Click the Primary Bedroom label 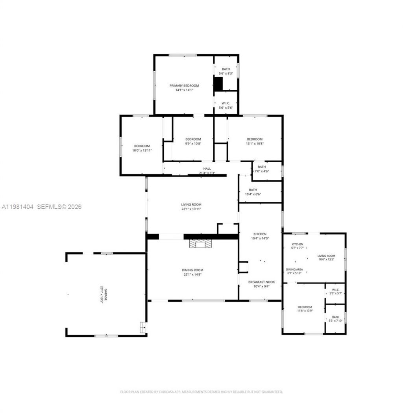[x=184, y=85]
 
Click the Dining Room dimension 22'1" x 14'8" [x=193, y=275]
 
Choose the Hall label [x=207, y=169]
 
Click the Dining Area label [x=294, y=270]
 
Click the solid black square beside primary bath [x=218, y=84]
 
